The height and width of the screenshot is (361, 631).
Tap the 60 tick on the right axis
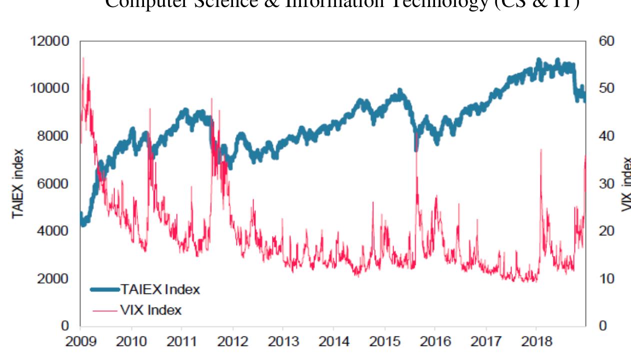pos(607,41)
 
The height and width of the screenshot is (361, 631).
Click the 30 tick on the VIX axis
pos(607,183)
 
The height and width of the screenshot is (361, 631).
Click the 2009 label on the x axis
pos(80,342)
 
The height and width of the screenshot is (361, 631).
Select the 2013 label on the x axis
pos(282,342)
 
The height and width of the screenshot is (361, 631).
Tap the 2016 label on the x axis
pos(434,342)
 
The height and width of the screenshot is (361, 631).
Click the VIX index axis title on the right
pos(626,183)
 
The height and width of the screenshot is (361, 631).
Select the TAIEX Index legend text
pos(159,289)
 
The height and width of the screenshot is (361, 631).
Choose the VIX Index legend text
pos(150,310)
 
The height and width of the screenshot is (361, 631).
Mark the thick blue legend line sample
pos(104,289)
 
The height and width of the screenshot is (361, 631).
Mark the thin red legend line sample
pos(104,310)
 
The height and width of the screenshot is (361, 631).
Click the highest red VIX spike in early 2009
pos(83,58)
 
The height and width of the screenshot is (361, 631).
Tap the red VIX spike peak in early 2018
pos(541,149)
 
